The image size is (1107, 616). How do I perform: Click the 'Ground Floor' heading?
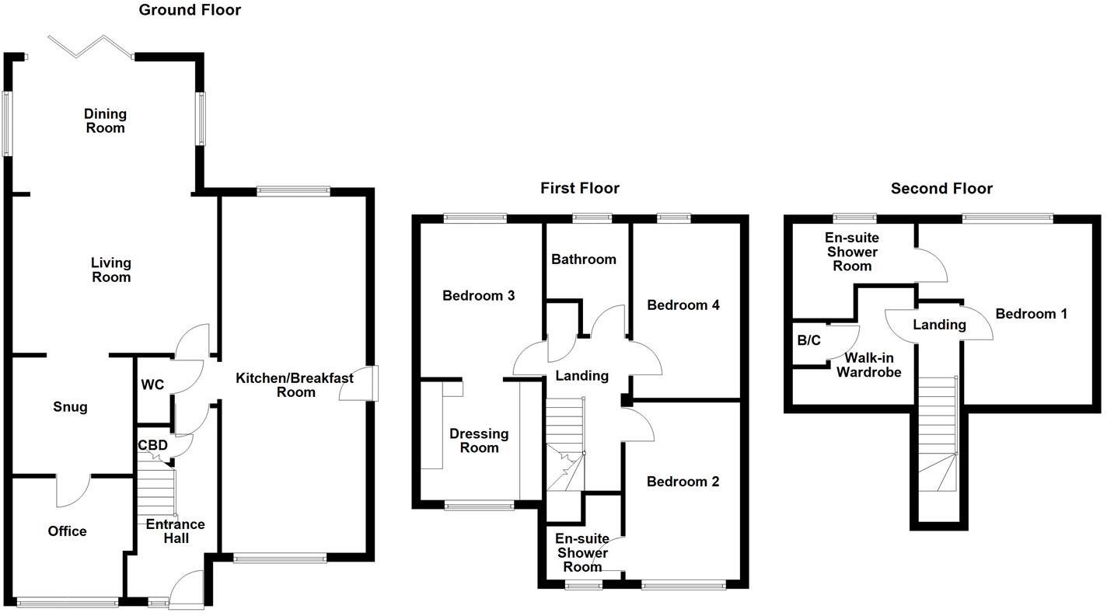coord(190,10)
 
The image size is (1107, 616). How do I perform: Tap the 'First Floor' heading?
coord(580,188)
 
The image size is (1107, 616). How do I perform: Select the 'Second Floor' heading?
coord(941,188)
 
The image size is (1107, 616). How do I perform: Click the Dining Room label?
coord(105,121)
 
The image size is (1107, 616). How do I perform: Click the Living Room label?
coord(111,270)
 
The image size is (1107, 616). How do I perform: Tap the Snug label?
coord(70,407)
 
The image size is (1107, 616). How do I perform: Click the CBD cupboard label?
coord(152,446)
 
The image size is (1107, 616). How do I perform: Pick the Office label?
coord(67,531)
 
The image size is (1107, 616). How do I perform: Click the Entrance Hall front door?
coord(187,587)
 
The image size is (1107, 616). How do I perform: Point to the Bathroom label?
coord(583,259)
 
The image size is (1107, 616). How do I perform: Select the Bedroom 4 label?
coord(683,305)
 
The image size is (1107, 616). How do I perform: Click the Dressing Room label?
coord(479,440)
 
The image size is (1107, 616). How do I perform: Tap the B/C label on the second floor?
coord(808,340)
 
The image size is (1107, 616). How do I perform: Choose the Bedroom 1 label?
coord(1031,314)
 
